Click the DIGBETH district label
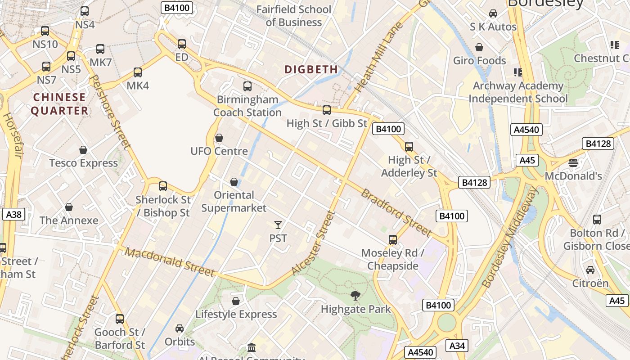coord(311,69)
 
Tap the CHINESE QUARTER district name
coord(59,104)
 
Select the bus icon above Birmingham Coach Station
coord(247,86)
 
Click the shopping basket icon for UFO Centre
coord(219,138)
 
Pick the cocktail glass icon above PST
coord(278,225)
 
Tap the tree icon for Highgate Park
coord(355,296)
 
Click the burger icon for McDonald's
coord(573,162)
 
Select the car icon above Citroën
coord(590,270)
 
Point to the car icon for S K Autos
coord(493,13)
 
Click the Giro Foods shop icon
coord(479,47)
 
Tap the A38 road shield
coord(13,214)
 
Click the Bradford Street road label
coord(396,213)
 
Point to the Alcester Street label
coord(314,243)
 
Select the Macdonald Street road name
coord(170,261)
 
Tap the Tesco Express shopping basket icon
coord(83,150)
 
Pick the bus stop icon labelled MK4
coord(138,72)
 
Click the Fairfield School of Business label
coord(293,16)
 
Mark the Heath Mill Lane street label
coord(373,57)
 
